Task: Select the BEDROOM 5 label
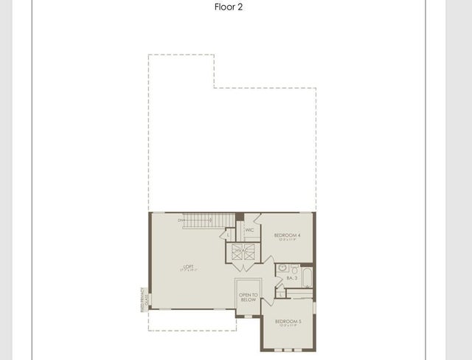pyautogui.click(x=287, y=322)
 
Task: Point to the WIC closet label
pyautogui.click(x=250, y=229)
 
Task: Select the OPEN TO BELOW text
pyautogui.click(x=248, y=297)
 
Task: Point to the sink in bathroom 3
pyautogui.click(x=283, y=269)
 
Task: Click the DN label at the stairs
pyautogui.click(x=180, y=220)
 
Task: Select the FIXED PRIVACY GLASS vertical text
pyautogui.click(x=145, y=299)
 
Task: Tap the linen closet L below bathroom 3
pyautogui.click(x=281, y=293)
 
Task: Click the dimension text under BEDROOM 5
pyautogui.click(x=287, y=327)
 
